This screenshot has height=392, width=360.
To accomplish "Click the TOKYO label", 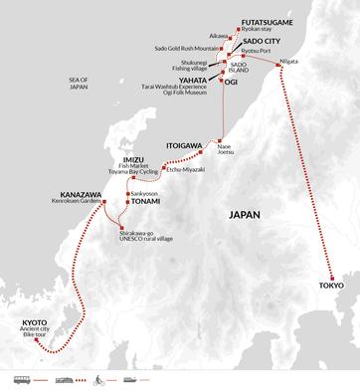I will pyautogui.click(x=331, y=285).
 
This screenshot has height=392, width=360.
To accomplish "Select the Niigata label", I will pyautogui.click(x=290, y=60).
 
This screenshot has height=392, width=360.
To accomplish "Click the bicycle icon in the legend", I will pyautogui.click(x=97, y=379).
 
